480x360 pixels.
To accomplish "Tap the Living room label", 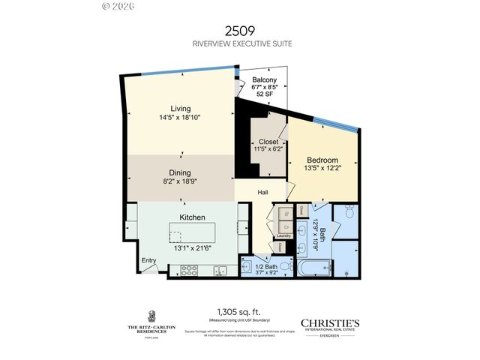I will [180, 109].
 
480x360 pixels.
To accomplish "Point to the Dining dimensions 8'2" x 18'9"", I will [180, 181].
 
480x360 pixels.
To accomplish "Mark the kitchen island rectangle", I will [192, 231].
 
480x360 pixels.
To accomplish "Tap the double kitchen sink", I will [221, 271].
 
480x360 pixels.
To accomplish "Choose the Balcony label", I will [264, 80].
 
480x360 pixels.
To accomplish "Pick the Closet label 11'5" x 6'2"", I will [268, 145].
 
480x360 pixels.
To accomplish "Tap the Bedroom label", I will [322, 160].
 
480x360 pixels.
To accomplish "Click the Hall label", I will [263, 193].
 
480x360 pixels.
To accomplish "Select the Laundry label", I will [283, 236].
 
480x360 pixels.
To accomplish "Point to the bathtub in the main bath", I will [313, 266].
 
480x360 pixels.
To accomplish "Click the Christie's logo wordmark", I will [330, 322].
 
